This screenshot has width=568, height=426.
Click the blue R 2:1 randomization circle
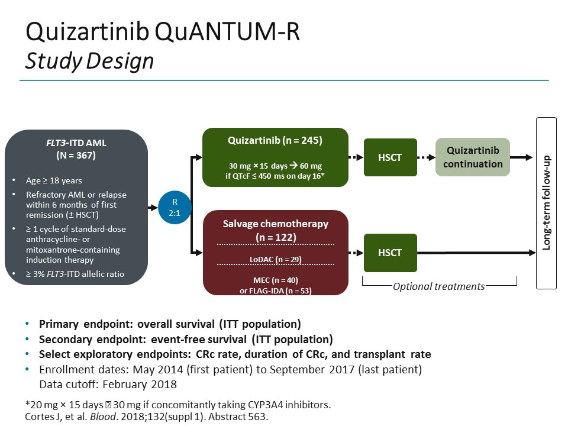(x=175, y=206)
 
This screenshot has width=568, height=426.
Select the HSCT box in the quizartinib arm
(x=390, y=157)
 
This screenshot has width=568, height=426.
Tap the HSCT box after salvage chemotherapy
(x=390, y=253)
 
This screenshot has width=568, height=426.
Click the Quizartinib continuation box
(x=473, y=157)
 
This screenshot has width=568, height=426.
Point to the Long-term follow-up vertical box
(x=546, y=203)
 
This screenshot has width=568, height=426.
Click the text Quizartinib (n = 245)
(x=275, y=141)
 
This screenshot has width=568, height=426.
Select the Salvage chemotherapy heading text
(x=275, y=224)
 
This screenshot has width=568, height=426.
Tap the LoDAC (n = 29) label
(x=275, y=259)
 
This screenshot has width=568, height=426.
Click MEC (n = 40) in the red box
(x=275, y=279)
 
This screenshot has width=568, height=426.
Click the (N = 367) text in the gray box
(x=76, y=156)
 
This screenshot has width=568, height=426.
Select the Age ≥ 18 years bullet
(x=54, y=180)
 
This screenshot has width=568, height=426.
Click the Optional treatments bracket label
(x=439, y=286)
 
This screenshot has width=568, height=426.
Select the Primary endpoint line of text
(x=170, y=324)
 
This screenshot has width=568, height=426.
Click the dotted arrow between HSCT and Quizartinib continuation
(x=426, y=157)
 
